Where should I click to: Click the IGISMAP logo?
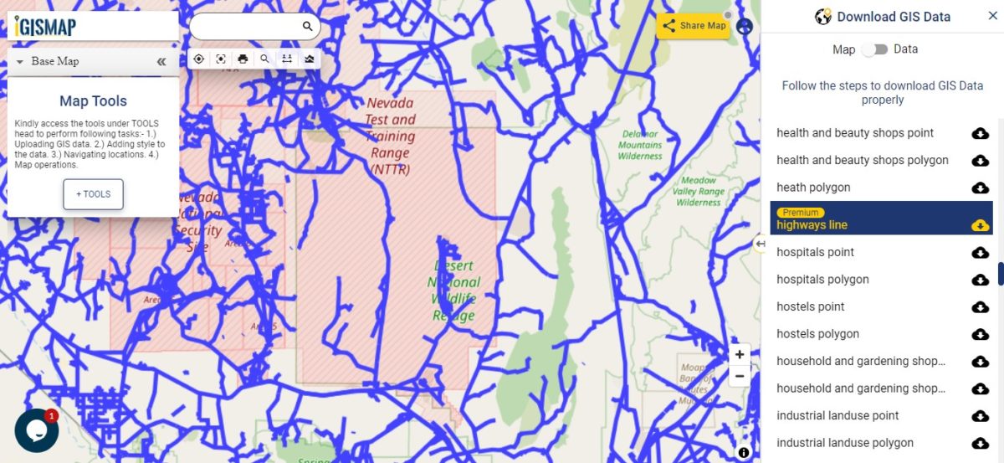(46, 27)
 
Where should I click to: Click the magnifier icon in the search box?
(307, 27)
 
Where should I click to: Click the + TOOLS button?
(93, 194)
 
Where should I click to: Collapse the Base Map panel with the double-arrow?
(161, 61)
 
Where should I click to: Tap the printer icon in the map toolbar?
(243, 59)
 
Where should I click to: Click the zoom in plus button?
(740, 355)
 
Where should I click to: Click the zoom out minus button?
(740, 376)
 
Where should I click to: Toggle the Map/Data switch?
(874, 49)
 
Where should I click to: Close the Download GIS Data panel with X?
(992, 16)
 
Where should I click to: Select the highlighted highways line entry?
(812, 224)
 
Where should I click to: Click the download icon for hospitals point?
(980, 253)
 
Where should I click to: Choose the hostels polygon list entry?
(817, 334)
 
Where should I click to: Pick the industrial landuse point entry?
(838, 415)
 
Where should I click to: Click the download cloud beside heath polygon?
(980, 188)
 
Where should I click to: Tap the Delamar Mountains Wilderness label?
(640, 145)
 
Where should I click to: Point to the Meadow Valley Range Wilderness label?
(699, 191)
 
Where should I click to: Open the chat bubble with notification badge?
(36, 430)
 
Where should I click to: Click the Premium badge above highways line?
(800, 213)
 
